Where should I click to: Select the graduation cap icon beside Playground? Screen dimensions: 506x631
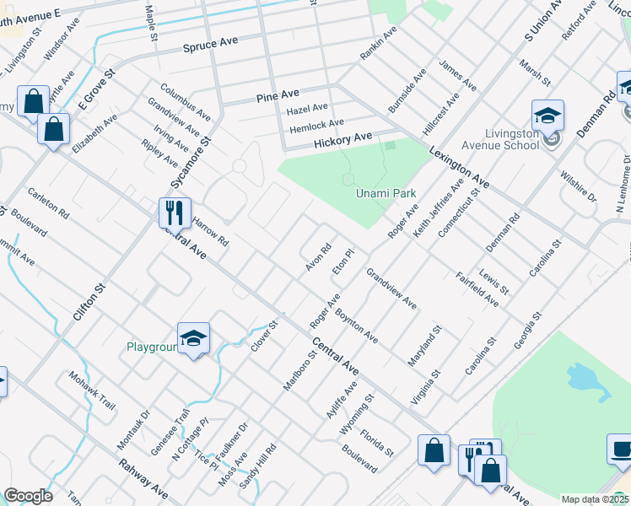click(193, 338)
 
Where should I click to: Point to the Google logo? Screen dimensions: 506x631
click(28, 496)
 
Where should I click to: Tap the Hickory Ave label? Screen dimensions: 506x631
click(342, 137)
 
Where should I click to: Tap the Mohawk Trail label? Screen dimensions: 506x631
click(91, 391)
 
